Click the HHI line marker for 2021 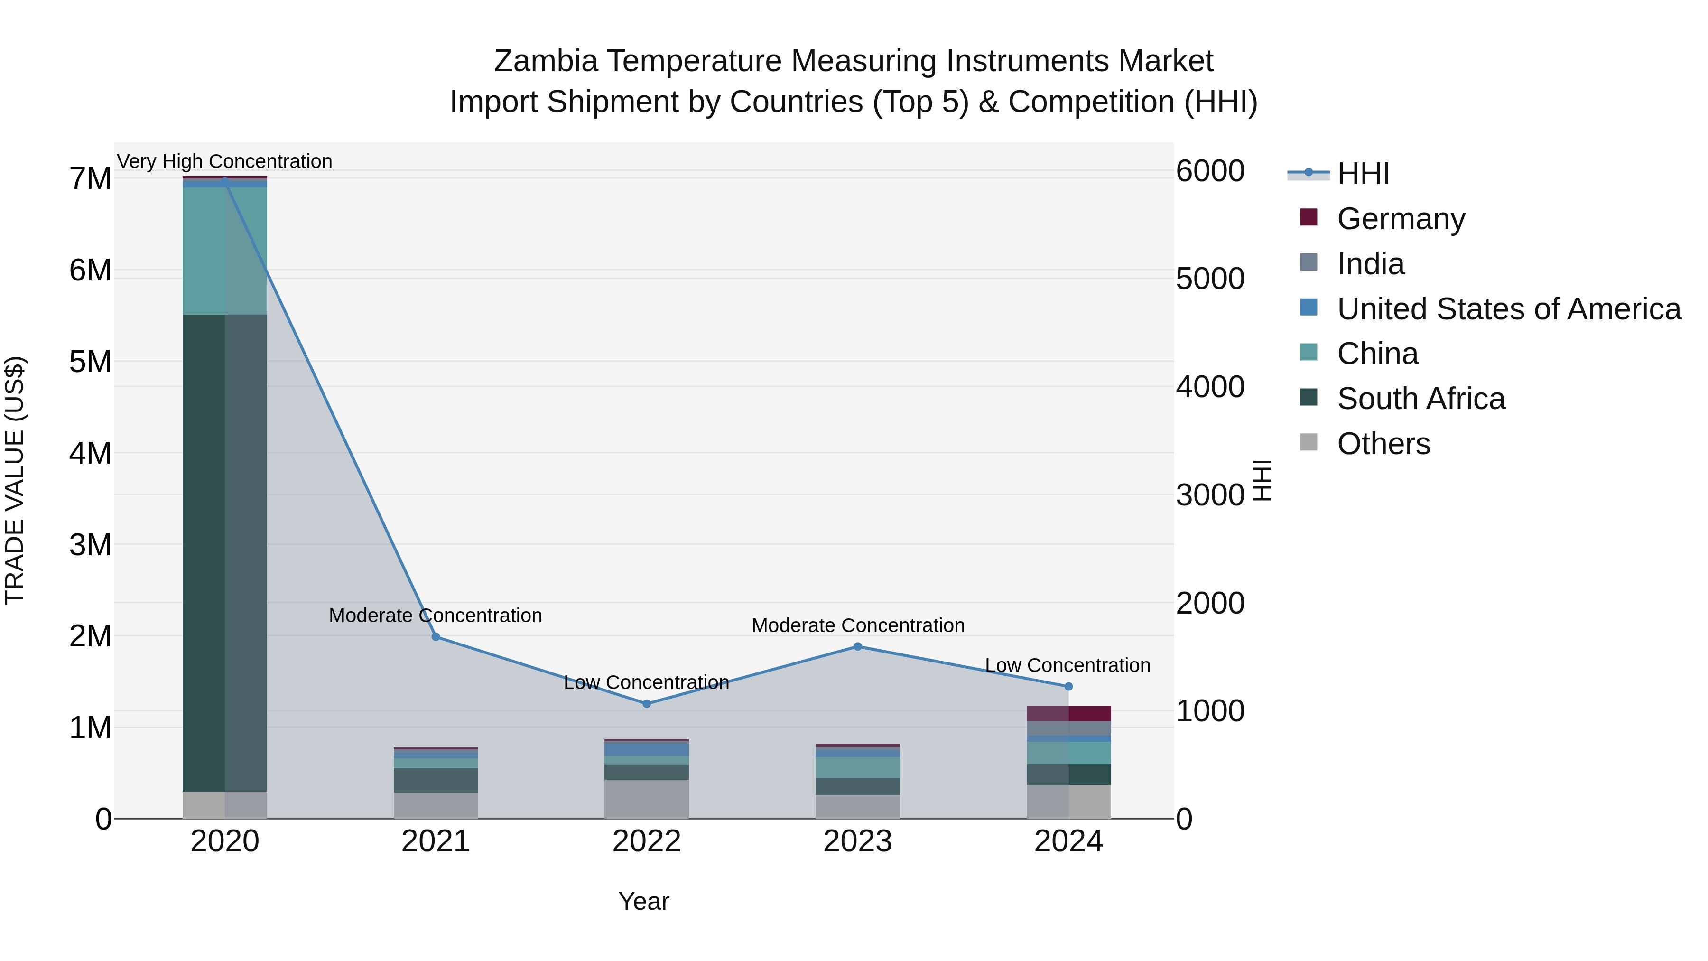coord(436,637)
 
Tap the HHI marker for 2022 coord(647,704)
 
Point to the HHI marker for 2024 coord(1068,686)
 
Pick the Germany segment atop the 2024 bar coord(1068,714)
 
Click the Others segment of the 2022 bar coord(647,799)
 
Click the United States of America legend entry coord(1508,309)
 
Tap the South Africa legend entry coord(1420,399)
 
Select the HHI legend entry coord(1363,174)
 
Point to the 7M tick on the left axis coord(90,179)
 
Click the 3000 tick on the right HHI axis coord(1209,495)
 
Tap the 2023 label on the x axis coord(857,841)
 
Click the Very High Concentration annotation coord(224,161)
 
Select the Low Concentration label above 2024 coord(1067,665)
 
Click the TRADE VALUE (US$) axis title coord(15,480)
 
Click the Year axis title coord(643,901)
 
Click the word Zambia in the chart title coord(546,61)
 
